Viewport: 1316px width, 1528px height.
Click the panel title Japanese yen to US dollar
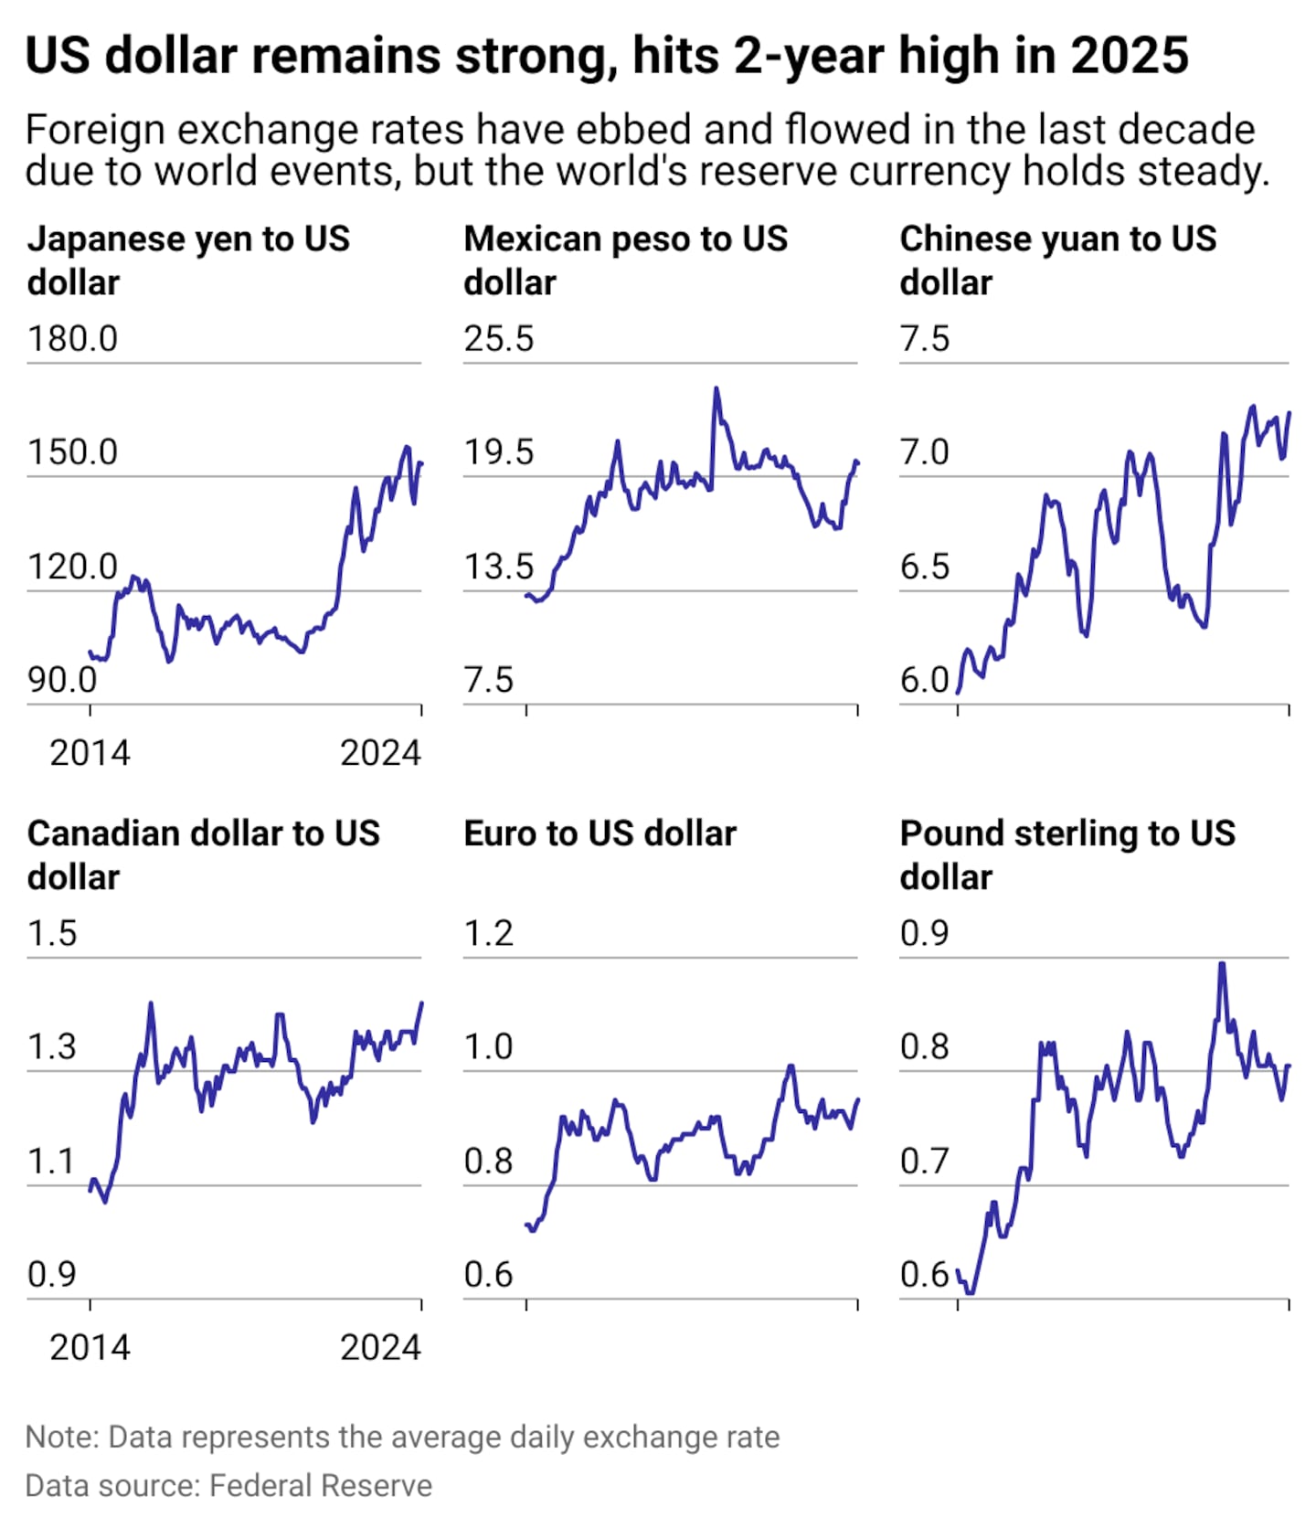[x=188, y=260]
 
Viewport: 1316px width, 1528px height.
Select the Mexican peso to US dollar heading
[x=625, y=260]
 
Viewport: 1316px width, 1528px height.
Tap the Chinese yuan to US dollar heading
[x=1058, y=260]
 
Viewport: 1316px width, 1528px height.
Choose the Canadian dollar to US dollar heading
[x=203, y=854]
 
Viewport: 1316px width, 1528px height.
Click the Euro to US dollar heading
[x=600, y=833]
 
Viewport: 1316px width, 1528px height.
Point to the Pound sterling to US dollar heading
[x=1067, y=854]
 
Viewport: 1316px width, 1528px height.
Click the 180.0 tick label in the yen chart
[x=72, y=339]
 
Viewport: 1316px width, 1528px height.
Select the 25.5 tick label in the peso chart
[x=498, y=339]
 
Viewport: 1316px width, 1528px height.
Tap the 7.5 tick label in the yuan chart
[x=925, y=339]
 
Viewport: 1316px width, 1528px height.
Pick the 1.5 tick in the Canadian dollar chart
[x=52, y=933]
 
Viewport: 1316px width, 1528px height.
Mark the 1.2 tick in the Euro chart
[x=488, y=933]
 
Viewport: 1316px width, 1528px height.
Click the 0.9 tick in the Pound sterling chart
[x=925, y=933]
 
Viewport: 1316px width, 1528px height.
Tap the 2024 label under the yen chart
[x=380, y=753]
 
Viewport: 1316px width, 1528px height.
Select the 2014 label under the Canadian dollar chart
[x=90, y=1347]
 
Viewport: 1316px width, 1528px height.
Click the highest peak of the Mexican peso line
[x=716, y=388]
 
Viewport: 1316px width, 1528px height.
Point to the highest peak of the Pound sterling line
[x=1222, y=963]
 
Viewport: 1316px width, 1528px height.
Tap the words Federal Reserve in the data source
[x=321, y=1485]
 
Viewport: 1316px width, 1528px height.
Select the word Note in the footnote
[x=62, y=1437]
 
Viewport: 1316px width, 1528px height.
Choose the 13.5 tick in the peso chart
[x=498, y=567]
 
